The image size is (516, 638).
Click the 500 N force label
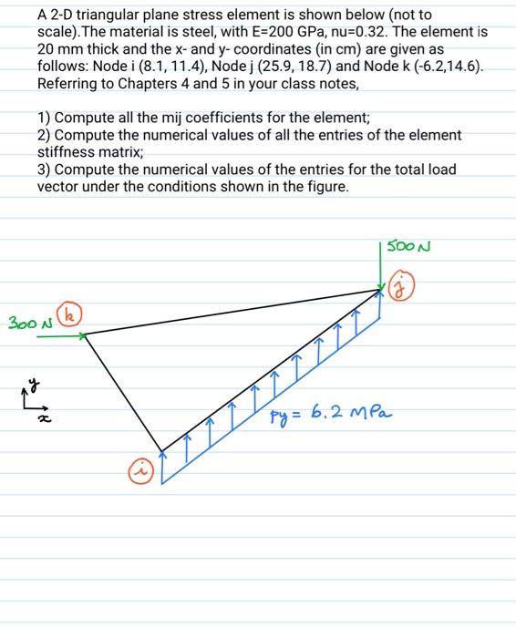(x=408, y=245)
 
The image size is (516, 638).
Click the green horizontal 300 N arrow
(x=64, y=334)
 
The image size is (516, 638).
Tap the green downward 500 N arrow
(x=382, y=264)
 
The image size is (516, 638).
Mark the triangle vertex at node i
(x=162, y=450)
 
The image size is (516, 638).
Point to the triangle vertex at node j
(x=383, y=290)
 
